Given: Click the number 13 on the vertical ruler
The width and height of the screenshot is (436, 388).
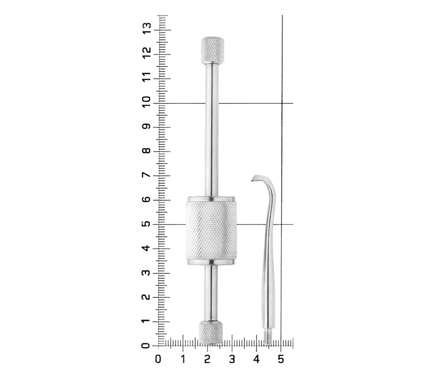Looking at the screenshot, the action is click(146, 28).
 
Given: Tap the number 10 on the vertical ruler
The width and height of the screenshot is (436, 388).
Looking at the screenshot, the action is click(146, 101).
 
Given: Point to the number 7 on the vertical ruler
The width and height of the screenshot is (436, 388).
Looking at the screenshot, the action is click(146, 175).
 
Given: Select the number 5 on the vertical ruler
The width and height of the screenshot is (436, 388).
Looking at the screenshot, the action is click(146, 223).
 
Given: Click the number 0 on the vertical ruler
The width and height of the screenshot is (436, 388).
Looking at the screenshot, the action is click(146, 345).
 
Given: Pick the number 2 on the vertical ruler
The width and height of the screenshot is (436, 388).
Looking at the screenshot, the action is click(146, 297).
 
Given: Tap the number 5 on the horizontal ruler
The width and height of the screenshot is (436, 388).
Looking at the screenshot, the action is click(281, 359).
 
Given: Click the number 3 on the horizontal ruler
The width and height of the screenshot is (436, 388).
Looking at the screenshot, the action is click(232, 359).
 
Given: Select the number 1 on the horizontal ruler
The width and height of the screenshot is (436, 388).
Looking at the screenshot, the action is click(183, 359).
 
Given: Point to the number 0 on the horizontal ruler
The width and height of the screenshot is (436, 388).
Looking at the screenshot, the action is click(158, 359).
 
